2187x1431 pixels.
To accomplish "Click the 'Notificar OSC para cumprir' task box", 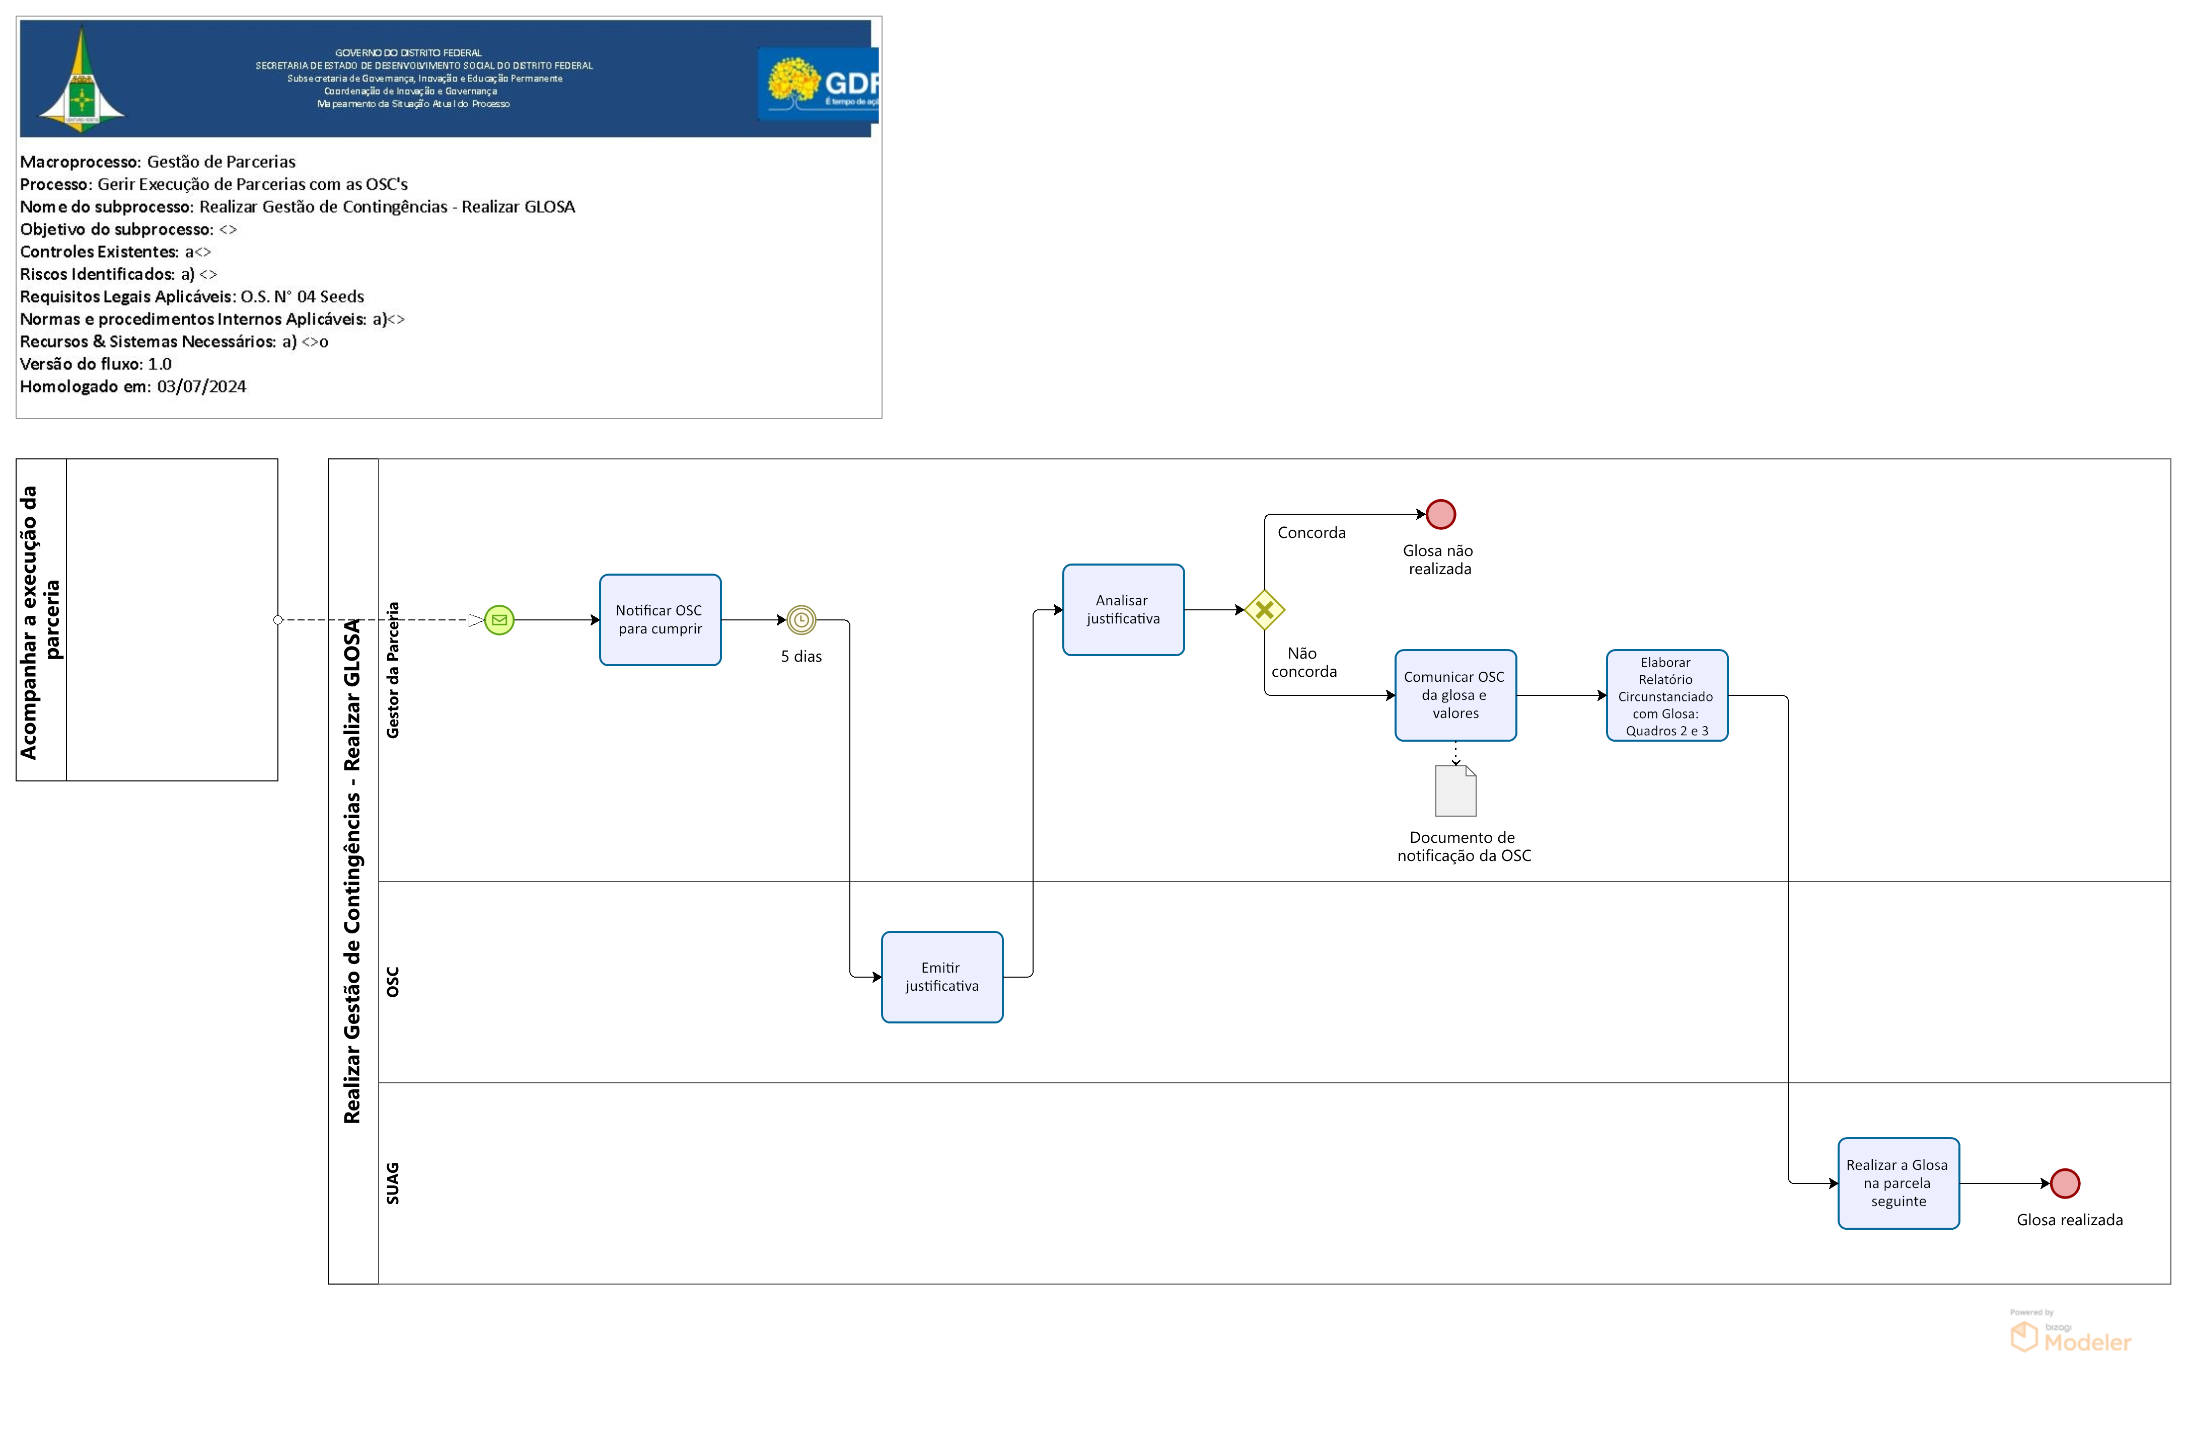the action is click(660, 620).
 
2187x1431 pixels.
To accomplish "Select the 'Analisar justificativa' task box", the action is click(1123, 610).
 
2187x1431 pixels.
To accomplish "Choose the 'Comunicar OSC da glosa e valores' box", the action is click(1455, 695).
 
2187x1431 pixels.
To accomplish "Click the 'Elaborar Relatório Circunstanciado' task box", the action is click(1667, 695).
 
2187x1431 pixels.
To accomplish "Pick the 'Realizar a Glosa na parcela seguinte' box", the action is click(1899, 1183).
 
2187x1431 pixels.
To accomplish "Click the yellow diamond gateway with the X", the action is click(1264, 610).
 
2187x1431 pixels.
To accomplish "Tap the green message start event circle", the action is click(499, 620).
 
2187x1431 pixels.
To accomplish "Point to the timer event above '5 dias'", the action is click(801, 620).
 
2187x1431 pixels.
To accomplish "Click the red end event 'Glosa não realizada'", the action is click(1441, 514).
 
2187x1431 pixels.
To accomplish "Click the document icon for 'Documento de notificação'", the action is click(1455, 791).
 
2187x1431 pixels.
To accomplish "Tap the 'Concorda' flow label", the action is click(1311, 533).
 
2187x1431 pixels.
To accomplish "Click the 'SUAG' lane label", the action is click(392, 1183).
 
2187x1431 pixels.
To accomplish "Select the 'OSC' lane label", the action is click(392, 982).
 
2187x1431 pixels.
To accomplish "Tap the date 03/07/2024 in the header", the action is click(201, 387).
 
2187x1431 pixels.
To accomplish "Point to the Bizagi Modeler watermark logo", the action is click(2070, 1334).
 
